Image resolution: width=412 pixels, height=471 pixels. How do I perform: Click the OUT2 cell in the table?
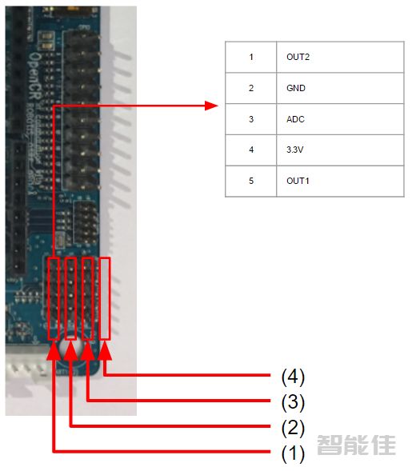click(298, 58)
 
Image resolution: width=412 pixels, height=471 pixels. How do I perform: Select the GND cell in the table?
click(296, 88)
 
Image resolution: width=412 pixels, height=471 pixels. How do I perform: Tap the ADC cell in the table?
click(295, 119)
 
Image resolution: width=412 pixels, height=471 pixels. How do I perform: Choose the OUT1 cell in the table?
click(298, 181)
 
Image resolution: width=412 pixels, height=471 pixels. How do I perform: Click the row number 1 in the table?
click(251, 58)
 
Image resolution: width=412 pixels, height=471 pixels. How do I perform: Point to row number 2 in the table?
click(251, 88)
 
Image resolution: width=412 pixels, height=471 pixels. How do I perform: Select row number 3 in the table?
click(251, 119)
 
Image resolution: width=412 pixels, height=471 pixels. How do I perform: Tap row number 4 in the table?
click(251, 150)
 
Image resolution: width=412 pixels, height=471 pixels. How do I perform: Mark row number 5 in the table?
click(251, 181)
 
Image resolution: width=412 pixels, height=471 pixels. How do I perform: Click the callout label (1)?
click(293, 453)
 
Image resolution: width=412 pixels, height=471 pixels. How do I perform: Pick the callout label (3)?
click(293, 401)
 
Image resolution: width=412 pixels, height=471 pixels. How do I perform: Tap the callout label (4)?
click(293, 375)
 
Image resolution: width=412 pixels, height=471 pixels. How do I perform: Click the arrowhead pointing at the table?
click(212, 106)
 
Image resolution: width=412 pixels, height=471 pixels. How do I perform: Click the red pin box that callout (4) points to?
click(105, 298)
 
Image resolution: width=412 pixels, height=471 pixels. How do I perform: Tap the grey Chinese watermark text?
click(356, 445)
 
